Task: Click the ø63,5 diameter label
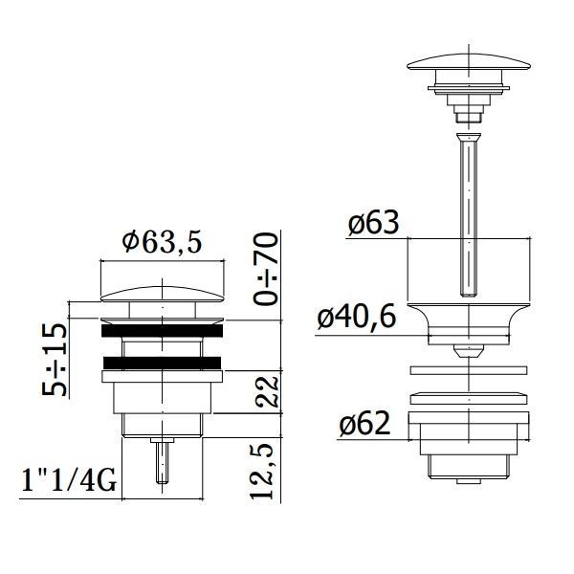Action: (x=163, y=242)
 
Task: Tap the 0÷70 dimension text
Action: (x=265, y=269)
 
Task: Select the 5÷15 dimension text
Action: (x=55, y=360)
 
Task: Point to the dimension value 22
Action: (x=267, y=391)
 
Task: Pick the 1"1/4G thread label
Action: (x=69, y=480)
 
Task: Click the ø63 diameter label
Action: (x=373, y=223)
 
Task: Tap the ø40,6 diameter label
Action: (x=357, y=317)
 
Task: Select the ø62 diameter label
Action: (x=364, y=424)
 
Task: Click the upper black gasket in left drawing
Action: (x=162, y=331)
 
